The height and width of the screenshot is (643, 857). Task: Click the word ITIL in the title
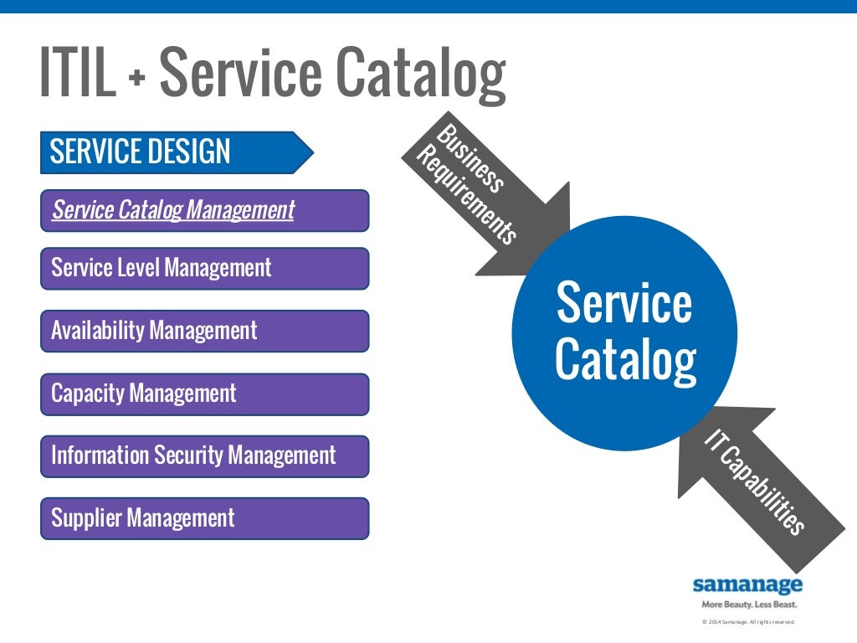[77, 74]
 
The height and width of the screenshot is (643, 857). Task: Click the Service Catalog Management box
[204, 210]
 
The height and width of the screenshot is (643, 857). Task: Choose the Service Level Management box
[204, 268]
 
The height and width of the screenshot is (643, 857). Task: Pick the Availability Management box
[204, 331]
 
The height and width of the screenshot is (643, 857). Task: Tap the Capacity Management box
[204, 394]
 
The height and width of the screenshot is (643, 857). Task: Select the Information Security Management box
[204, 456]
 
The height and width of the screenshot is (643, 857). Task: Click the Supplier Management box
[204, 518]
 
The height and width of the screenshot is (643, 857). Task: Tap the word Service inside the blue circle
[624, 303]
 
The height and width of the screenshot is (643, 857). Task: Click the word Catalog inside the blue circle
[624, 360]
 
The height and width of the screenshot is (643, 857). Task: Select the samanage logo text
[747, 584]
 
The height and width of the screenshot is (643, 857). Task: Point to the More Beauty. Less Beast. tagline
[747, 604]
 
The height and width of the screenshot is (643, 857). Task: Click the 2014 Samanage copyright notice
[747, 622]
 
